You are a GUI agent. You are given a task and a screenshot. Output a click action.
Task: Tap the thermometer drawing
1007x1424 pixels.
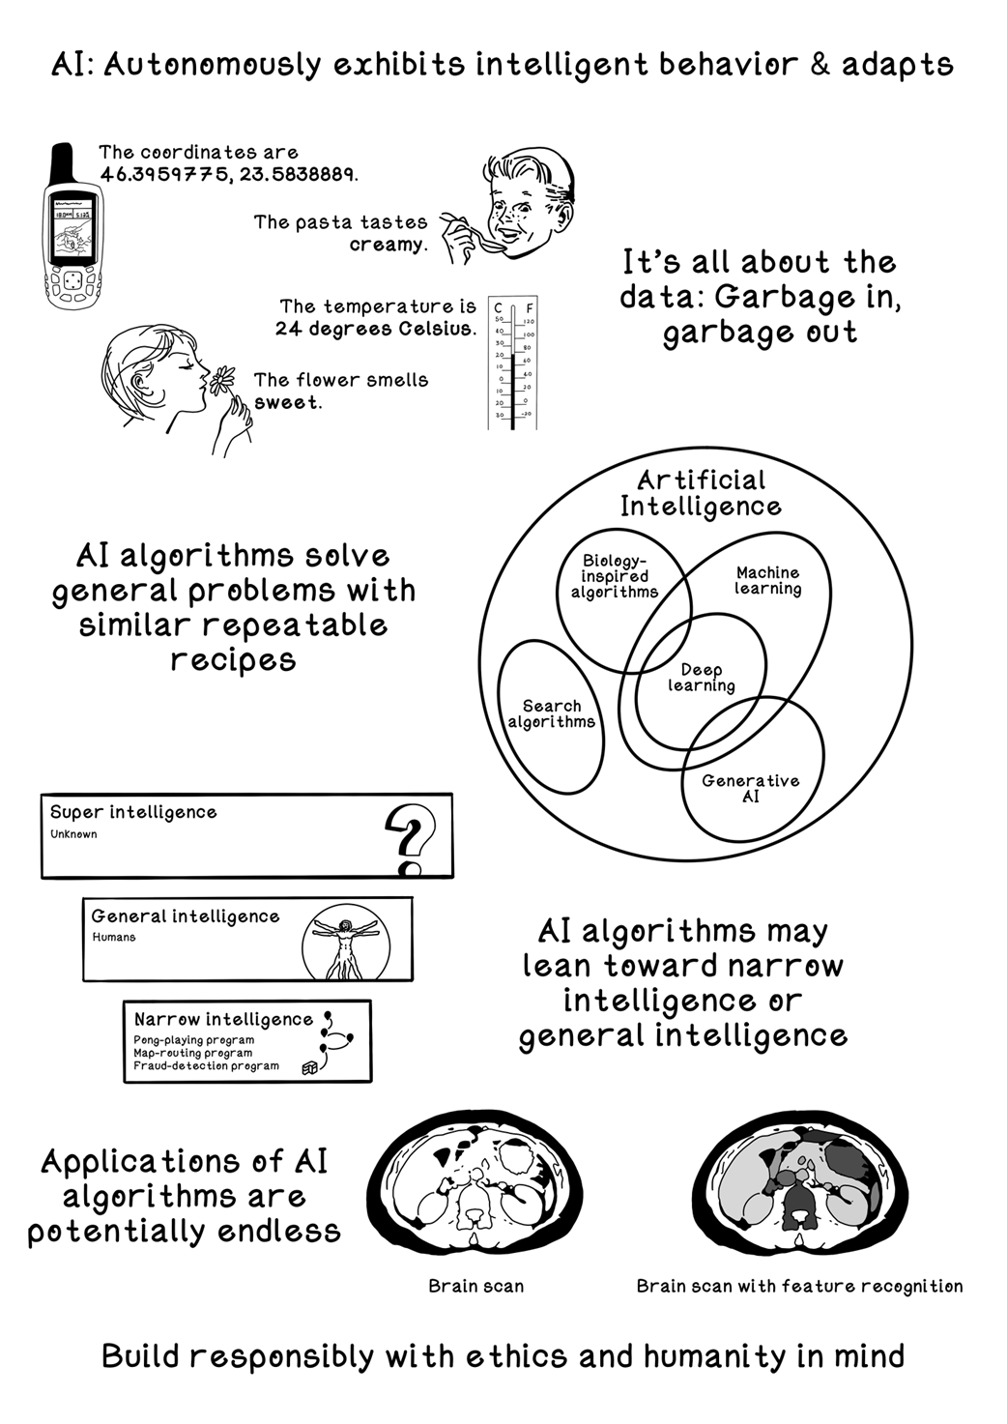512,363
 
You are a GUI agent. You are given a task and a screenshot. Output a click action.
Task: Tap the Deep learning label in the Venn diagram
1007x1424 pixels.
701,678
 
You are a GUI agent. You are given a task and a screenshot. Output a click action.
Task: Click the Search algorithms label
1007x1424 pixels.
551,713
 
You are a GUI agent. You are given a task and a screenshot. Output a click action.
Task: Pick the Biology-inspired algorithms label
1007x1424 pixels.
614,576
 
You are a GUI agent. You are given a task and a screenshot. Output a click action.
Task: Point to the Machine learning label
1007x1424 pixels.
767,580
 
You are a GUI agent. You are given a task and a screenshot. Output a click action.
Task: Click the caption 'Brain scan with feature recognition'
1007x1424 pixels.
799,1286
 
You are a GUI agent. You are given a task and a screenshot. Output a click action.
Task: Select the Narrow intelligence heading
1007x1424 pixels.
223,1019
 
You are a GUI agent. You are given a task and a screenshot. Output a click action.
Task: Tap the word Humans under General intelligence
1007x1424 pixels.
114,937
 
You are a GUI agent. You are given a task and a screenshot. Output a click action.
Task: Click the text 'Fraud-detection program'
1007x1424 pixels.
206,1065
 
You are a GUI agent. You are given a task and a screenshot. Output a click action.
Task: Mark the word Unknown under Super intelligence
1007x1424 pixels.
73,834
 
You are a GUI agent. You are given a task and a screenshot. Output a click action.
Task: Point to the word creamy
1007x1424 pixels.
387,245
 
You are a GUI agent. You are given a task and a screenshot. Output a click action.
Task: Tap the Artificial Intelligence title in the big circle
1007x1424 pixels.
701,493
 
